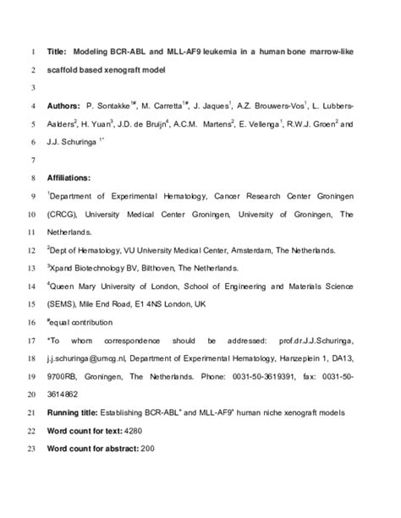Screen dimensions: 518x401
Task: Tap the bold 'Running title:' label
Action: click(x=77, y=412)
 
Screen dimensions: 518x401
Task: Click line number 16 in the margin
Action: click(x=30, y=322)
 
